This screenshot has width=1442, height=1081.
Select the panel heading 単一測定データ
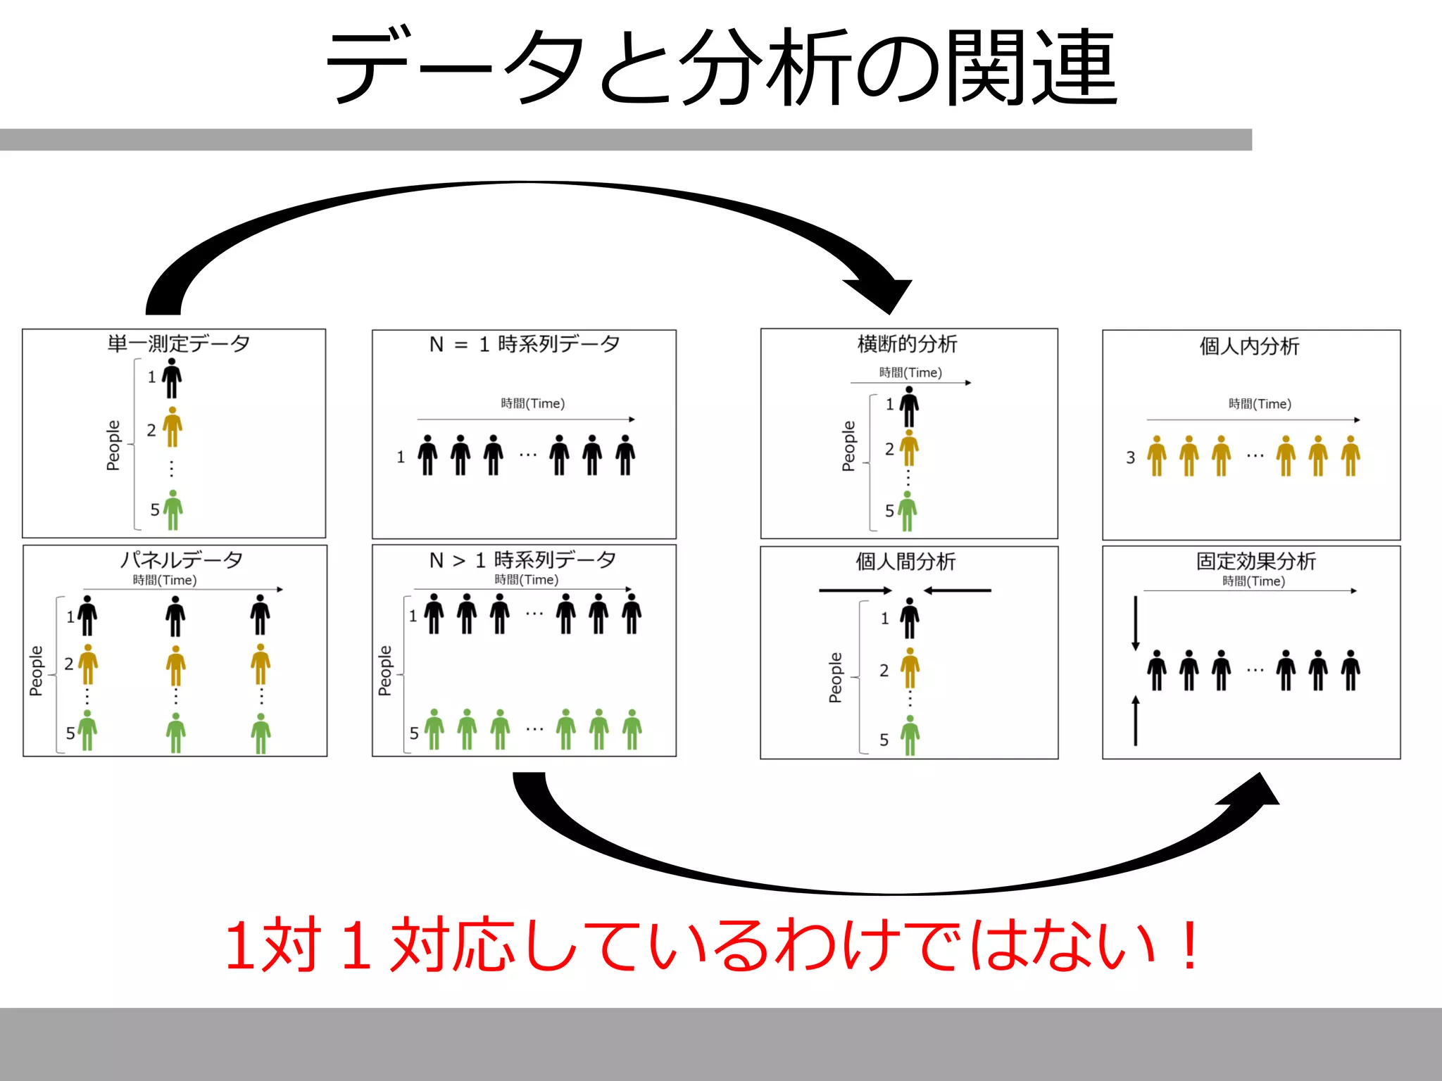tap(179, 343)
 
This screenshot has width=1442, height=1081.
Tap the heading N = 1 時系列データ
tap(525, 344)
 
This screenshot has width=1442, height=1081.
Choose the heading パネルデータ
tap(181, 560)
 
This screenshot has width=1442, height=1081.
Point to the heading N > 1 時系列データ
tap(522, 560)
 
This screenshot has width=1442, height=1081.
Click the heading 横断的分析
tap(907, 344)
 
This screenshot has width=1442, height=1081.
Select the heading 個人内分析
tap(1249, 346)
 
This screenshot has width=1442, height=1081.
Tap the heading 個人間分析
tap(905, 562)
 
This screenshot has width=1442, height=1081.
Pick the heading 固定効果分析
tap(1255, 561)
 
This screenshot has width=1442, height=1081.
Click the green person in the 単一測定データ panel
tap(173, 510)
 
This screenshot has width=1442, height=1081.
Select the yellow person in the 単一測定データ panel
tap(173, 426)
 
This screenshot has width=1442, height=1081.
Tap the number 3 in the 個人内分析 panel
tap(1131, 458)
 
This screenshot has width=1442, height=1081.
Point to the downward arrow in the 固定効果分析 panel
tap(1135, 624)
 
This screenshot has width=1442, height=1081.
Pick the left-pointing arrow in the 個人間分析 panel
tap(958, 590)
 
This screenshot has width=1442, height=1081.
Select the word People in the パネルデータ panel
tap(36, 671)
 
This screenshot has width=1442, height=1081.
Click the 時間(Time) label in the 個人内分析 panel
tap(1260, 404)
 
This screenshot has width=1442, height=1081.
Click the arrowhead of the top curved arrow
tap(884, 292)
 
